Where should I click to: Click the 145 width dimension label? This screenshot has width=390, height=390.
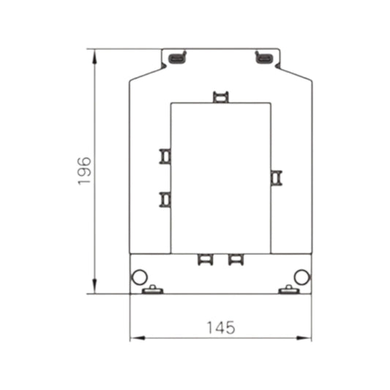(220, 328)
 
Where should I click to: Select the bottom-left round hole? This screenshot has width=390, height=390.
(138, 276)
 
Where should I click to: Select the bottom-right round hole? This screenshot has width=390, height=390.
(301, 276)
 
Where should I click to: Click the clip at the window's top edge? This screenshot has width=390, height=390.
(220, 97)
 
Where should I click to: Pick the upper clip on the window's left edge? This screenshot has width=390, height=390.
(165, 156)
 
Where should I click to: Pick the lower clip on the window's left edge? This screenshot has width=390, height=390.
(165, 198)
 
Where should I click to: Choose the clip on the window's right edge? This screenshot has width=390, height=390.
(275, 177)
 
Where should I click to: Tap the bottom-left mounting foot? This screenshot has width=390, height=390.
(152, 290)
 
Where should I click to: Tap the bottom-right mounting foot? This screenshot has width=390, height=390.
(288, 290)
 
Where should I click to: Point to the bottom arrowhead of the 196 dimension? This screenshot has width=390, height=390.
(95, 289)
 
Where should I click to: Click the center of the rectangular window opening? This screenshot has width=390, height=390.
(220, 177)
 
